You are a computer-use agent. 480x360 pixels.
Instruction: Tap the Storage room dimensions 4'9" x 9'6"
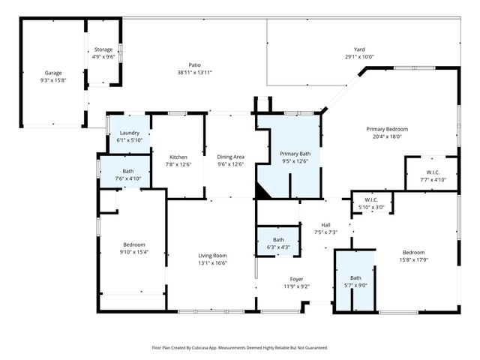[103, 56]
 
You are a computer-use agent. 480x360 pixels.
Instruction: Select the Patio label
[194, 65]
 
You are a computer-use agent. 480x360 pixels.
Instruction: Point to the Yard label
[358, 49]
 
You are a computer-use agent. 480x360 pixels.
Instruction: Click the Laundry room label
[129, 133]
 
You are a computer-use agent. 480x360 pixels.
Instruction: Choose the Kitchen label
[178, 157]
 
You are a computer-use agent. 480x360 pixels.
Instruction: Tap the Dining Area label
[230, 157]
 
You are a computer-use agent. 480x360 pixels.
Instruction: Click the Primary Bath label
[294, 153]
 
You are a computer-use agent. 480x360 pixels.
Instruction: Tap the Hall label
[325, 224]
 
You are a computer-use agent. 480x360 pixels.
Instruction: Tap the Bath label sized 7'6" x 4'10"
[127, 171]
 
